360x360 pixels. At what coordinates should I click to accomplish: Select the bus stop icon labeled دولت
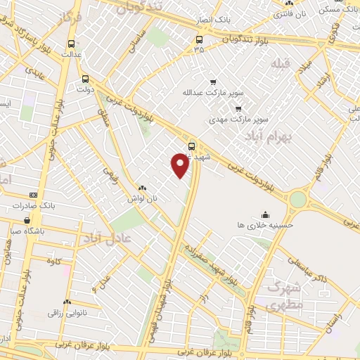86,79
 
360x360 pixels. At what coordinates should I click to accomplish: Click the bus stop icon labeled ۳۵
200,39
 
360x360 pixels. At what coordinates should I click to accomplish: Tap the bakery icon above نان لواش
142,188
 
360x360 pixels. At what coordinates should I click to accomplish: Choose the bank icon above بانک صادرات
32,195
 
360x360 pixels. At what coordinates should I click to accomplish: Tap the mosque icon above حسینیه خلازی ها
265,214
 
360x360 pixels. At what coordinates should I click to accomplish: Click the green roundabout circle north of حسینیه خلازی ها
298,200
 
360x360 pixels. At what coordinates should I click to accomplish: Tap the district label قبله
280,64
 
